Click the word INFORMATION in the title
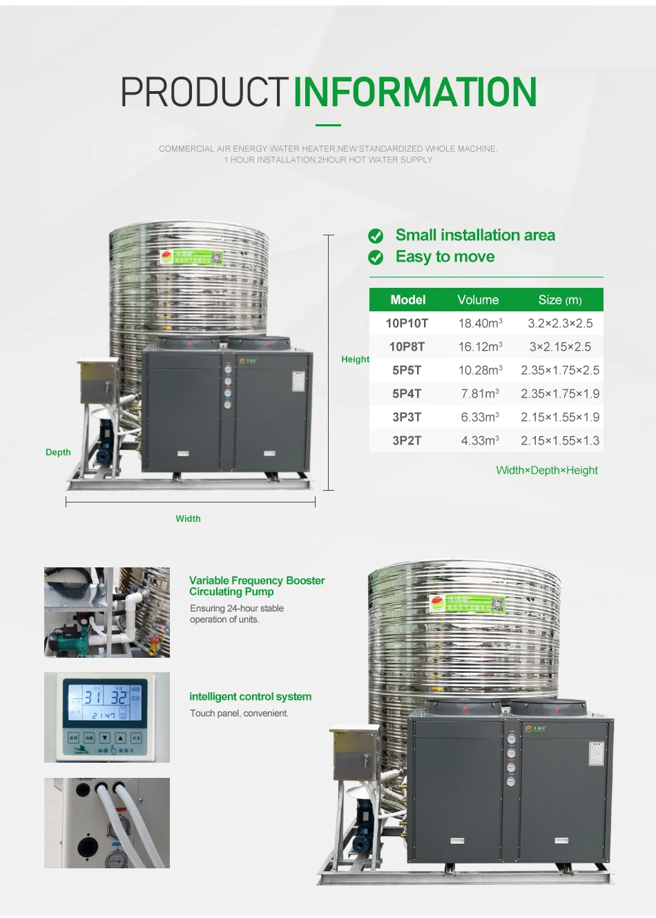tap(415, 92)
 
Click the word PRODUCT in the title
tap(204, 92)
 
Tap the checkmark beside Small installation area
tap(376, 236)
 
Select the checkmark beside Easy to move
tap(376, 257)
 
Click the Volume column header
tap(478, 300)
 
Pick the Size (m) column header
tap(560, 300)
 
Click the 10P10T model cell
tap(407, 323)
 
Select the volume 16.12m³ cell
tap(480, 346)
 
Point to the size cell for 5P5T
tap(560, 370)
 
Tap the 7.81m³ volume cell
tap(480, 393)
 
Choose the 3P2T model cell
tap(407, 440)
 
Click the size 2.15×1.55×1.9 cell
tap(560, 417)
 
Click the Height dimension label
tap(355, 359)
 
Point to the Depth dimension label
tap(58, 452)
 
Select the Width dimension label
tap(188, 518)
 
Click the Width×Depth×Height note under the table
tap(547, 470)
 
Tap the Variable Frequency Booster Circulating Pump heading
tap(256, 586)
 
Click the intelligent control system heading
tap(250, 696)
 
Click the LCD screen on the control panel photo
tap(106, 701)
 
